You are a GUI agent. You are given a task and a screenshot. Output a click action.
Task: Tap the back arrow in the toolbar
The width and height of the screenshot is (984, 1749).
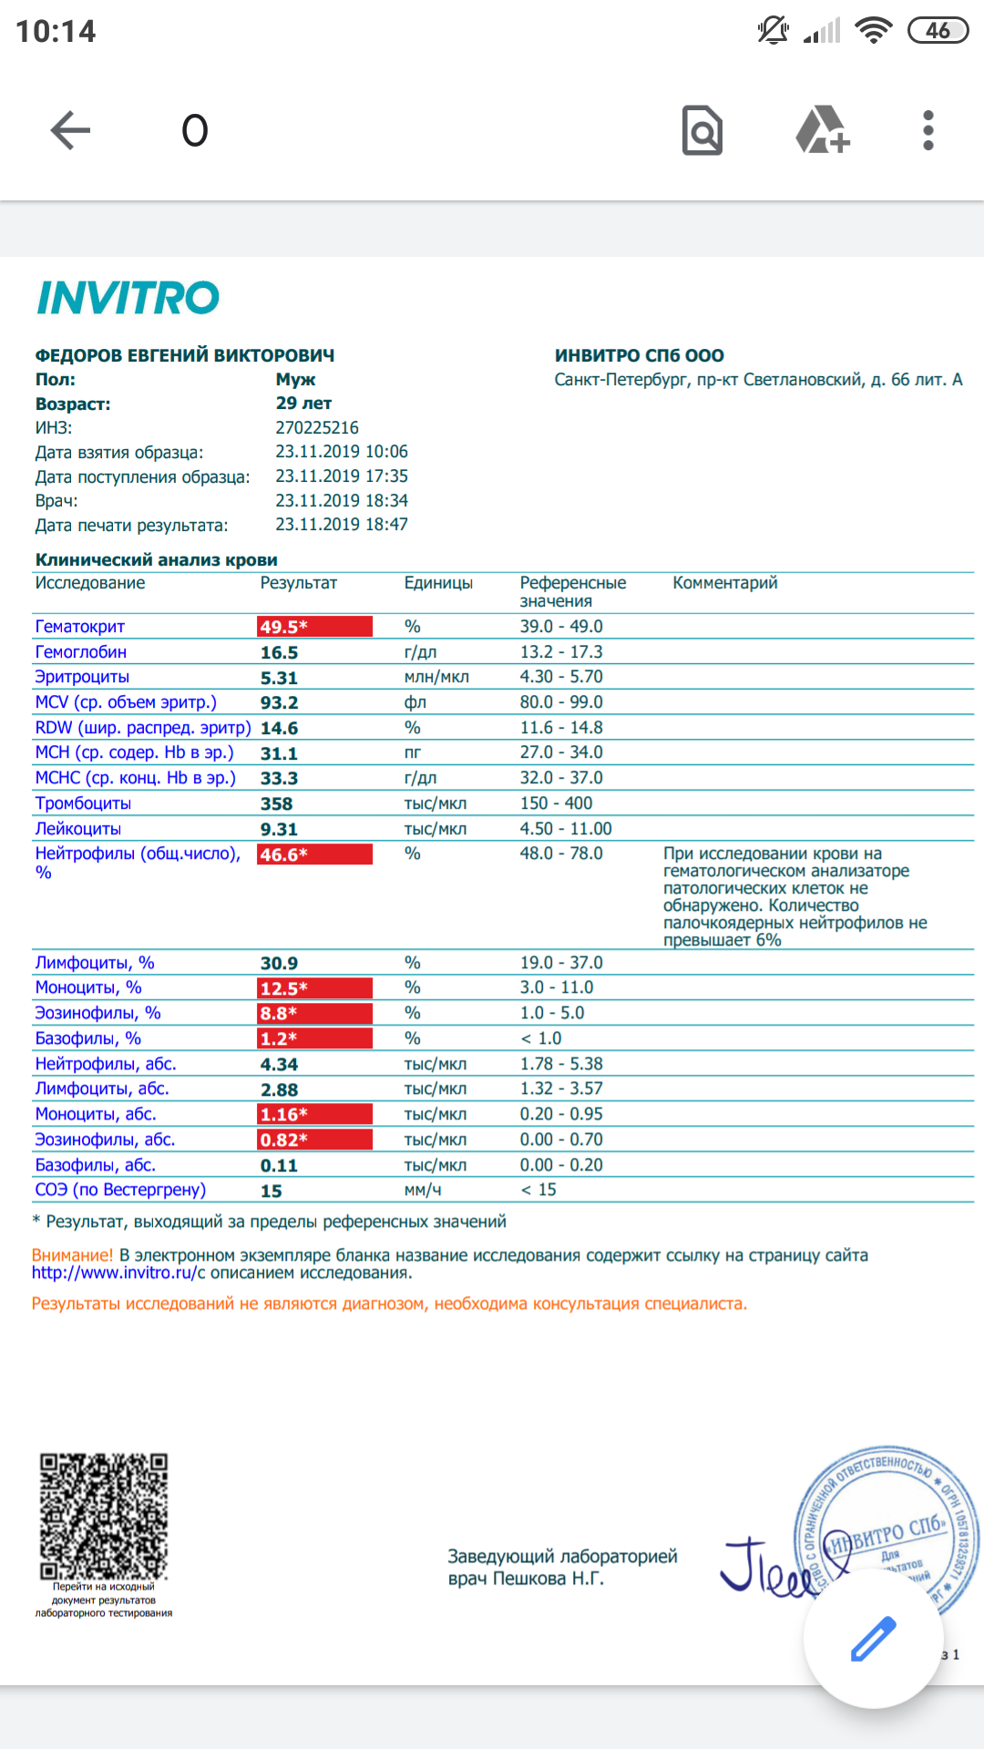coord(70,130)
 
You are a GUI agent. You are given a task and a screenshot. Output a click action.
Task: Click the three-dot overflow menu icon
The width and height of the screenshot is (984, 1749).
coord(928,130)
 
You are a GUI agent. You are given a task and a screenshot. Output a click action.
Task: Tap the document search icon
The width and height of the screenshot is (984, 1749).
coord(702,130)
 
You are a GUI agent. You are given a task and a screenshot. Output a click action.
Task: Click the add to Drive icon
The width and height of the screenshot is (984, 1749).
coord(822,130)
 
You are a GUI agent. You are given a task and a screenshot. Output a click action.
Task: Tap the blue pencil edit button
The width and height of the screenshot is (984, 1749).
coord(873,1639)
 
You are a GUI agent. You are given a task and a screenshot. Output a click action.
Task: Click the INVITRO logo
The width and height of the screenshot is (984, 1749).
coord(128,298)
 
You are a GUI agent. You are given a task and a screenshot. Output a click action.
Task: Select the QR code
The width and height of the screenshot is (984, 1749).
coord(103,1516)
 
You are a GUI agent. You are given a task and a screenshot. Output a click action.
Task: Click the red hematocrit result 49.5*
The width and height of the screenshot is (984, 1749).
coord(314,627)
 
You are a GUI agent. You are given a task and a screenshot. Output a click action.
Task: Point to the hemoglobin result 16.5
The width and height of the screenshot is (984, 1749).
coord(279,652)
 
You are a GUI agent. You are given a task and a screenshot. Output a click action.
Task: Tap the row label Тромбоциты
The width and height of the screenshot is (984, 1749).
coord(83,803)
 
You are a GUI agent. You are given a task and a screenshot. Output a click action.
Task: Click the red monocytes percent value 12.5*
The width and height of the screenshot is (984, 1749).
coord(314,988)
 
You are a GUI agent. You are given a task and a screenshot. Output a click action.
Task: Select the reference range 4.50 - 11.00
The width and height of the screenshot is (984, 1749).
coord(565,829)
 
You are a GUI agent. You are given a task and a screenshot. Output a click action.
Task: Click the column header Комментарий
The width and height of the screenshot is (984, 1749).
coord(724,583)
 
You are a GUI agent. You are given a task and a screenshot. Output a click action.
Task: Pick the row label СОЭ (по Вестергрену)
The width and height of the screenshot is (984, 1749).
coord(120,1190)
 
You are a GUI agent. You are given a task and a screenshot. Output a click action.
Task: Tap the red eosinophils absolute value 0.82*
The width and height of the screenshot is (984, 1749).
coord(314,1140)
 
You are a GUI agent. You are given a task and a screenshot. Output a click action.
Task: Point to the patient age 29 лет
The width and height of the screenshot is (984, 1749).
coord(303,404)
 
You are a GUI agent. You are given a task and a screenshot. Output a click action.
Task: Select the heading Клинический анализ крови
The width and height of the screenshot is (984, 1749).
coord(156,559)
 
